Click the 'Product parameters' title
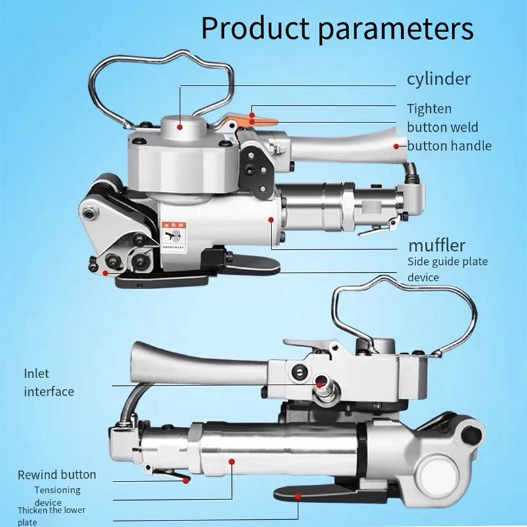click(x=337, y=29)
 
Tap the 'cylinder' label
click(x=438, y=79)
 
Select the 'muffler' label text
click(x=437, y=246)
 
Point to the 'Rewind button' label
click(x=57, y=474)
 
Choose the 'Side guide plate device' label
click(x=447, y=269)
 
